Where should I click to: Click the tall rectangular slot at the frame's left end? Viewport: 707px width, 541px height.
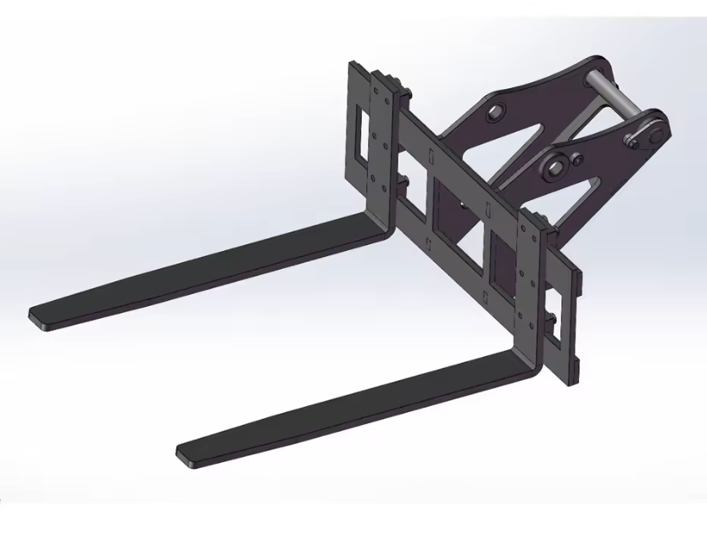click(x=364, y=134)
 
